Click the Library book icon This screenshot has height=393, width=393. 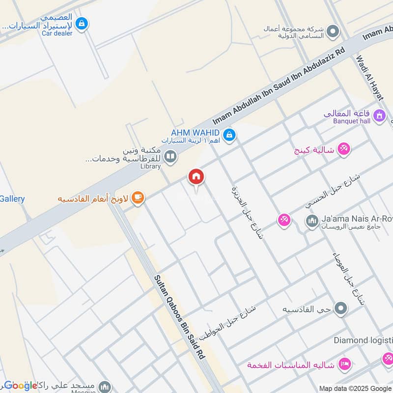170,157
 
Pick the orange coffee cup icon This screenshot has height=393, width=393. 138,197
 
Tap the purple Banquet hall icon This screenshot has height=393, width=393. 379,116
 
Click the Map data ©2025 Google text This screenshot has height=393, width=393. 355,388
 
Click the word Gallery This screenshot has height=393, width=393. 12,199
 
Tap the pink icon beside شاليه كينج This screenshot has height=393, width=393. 344,150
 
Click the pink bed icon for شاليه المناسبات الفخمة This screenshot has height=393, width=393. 345,364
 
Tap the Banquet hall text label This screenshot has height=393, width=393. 352,121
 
